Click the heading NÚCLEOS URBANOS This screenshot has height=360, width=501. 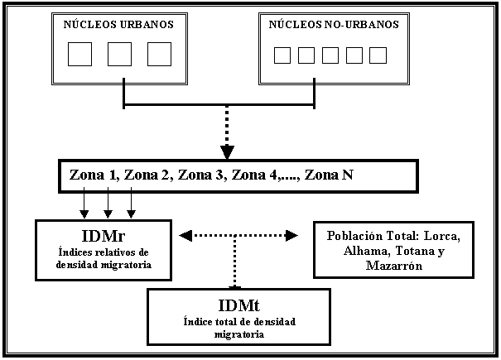tap(118, 25)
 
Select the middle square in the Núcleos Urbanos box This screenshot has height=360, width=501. tap(119, 54)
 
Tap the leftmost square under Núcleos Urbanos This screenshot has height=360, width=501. tap(79, 54)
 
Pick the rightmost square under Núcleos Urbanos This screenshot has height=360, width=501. tap(159, 54)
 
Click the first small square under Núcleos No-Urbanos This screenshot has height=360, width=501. tap(282, 55)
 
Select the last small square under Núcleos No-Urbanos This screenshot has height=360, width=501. tap(378, 55)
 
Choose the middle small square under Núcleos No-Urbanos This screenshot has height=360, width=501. tap(330, 55)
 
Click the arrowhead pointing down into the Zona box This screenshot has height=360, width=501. tap(227, 151)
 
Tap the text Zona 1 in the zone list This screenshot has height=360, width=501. tap(93, 175)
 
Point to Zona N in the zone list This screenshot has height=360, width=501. tap(330, 175)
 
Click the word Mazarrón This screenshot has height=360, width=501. tap(393, 266)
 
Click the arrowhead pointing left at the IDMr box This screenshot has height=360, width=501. tap(185, 236)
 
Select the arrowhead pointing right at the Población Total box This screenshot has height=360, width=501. tap(291, 236)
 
